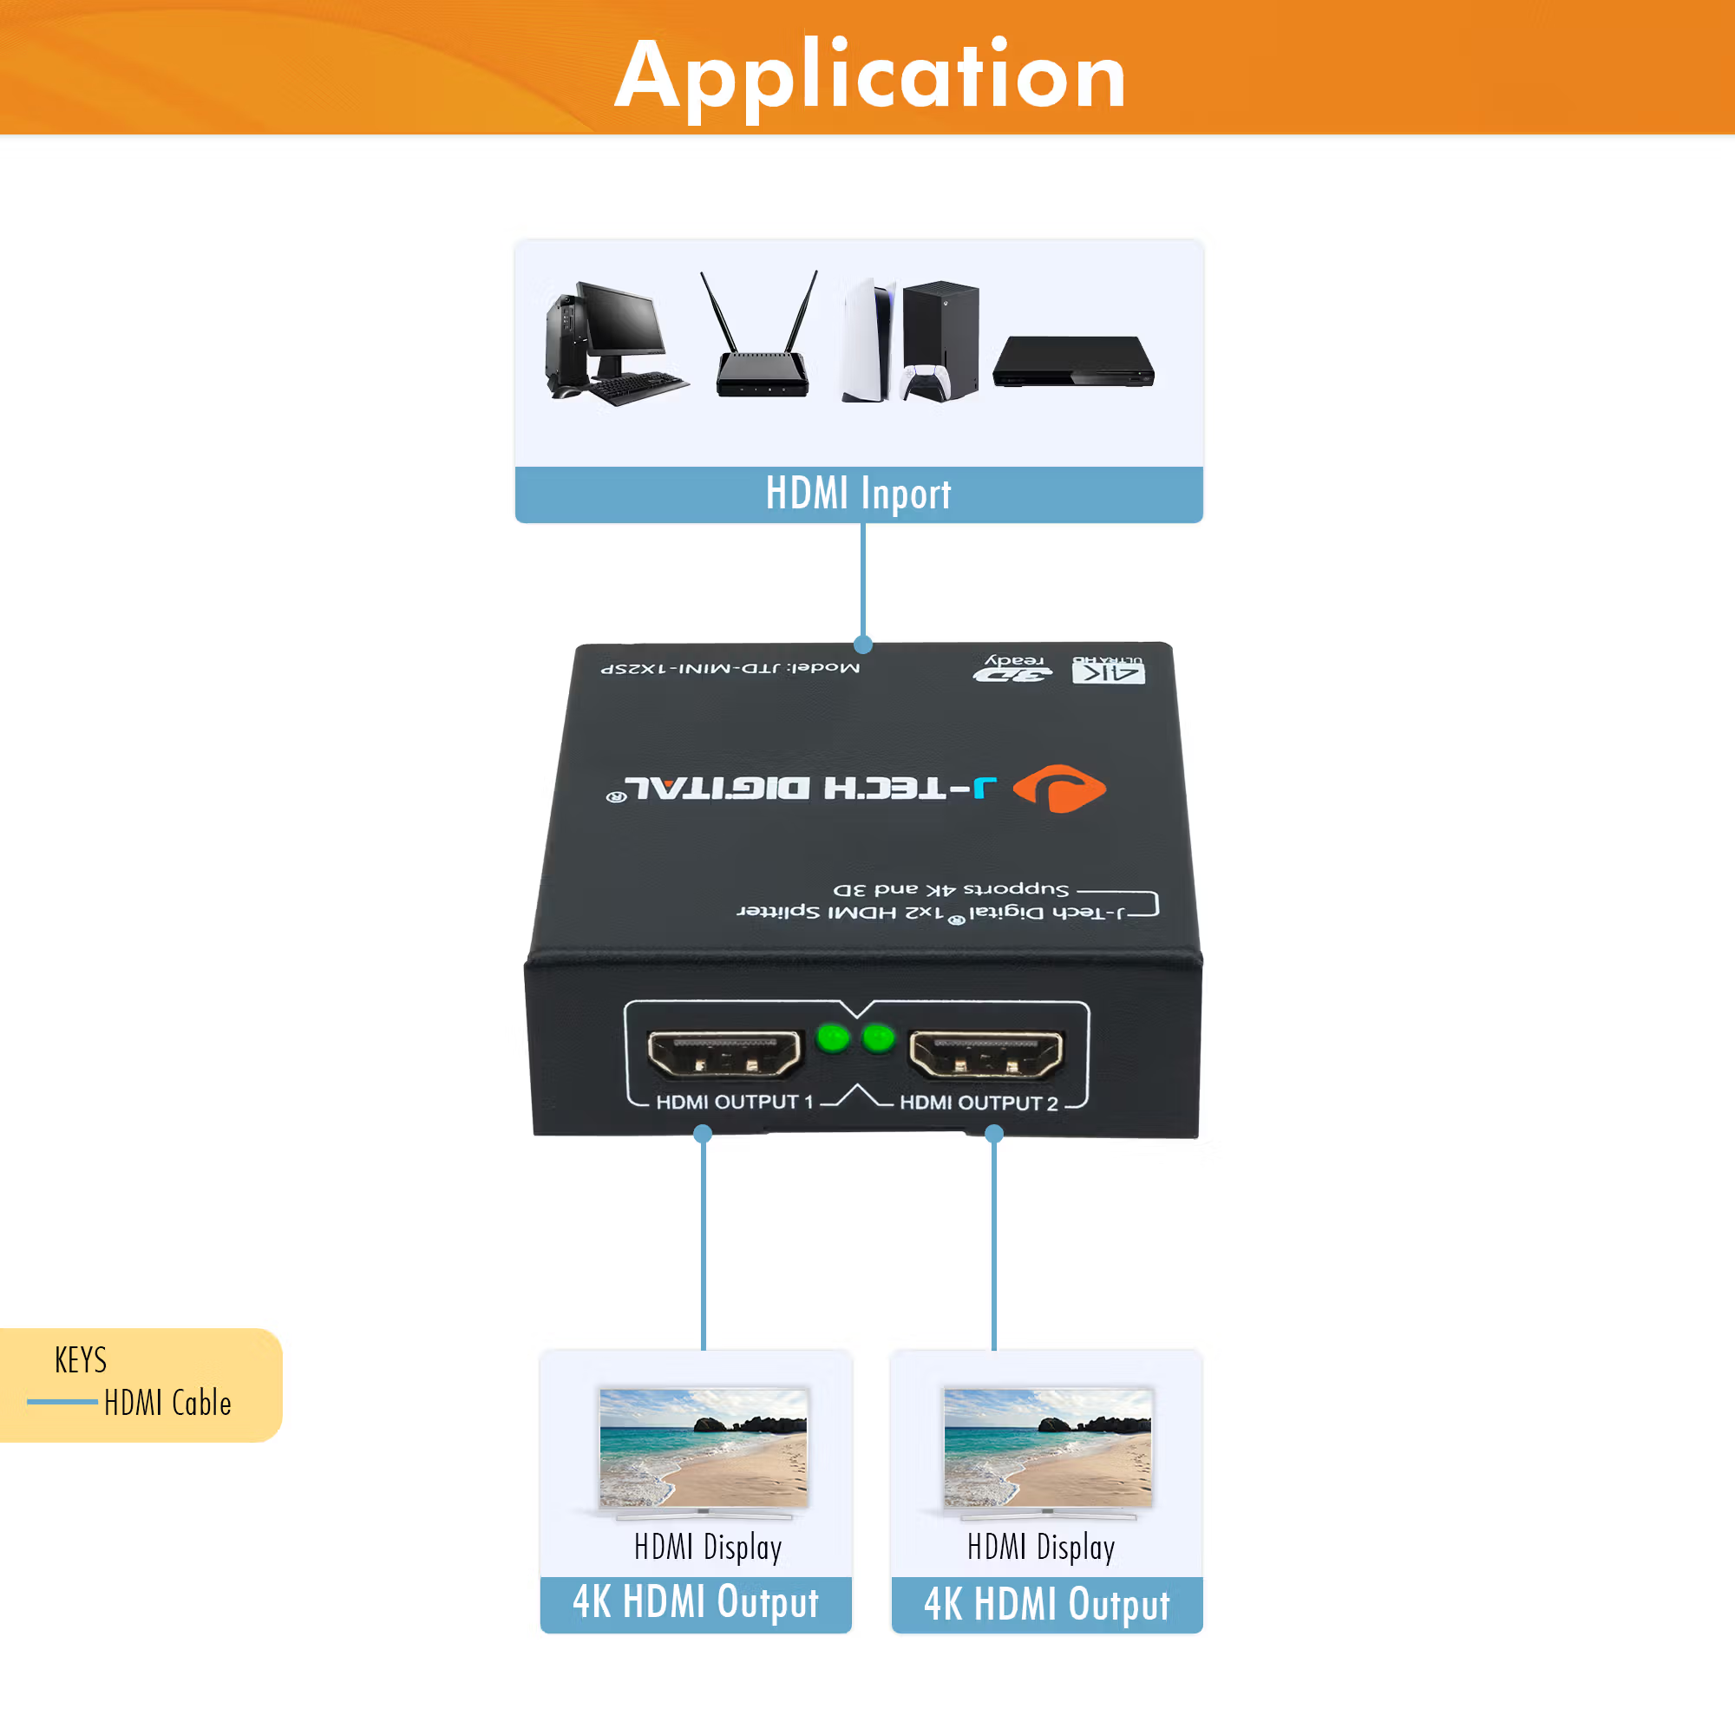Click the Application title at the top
pos(869,75)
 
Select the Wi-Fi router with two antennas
pos(763,359)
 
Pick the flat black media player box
pos(1072,361)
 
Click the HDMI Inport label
pos(858,494)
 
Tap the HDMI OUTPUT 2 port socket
pos(985,1053)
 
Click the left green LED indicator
pos(833,1039)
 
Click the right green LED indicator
pos(877,1039)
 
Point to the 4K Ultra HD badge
pos(1108,670)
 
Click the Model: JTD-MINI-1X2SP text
pos(730,668)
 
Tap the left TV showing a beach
pos(704,1448)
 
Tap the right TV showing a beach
pos(1047,1448)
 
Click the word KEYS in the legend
pos(81,1359)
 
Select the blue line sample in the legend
pos(62,1401)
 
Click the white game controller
pos(926,383)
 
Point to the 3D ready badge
pos(1012,667)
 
